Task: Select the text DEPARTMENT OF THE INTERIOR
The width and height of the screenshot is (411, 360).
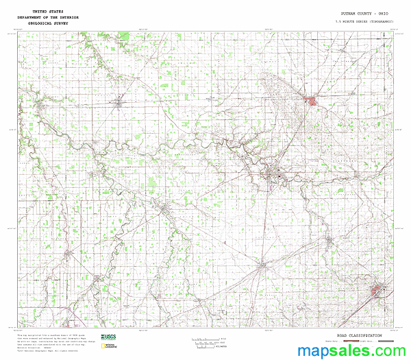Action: [x=48, y=17]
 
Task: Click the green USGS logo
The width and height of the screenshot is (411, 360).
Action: [x=108, y=337]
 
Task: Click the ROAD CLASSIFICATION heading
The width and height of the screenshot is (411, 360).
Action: [x=353, y=335]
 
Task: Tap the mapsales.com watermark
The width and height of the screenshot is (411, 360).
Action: [x=351, y=350]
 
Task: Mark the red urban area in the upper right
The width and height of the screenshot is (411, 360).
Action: [x=312, y=102]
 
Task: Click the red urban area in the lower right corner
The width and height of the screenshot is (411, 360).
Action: [x=376, y=292]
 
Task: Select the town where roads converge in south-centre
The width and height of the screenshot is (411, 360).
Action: [x=263, y=263]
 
